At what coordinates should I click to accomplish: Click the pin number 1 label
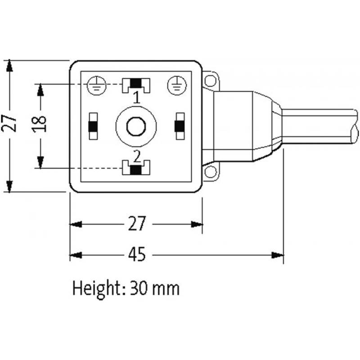[136, 96]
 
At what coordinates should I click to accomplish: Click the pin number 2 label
[136, 157]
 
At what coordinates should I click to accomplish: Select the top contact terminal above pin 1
[136, 84]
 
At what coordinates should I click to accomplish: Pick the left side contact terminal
[93, 126]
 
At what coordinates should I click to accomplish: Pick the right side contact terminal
[180, 126]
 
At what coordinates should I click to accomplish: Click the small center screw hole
[135, 126]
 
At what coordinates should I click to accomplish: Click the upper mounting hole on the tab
[209, 81]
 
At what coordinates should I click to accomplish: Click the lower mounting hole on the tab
[209, 171]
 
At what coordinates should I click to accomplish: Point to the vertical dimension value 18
[40, 124]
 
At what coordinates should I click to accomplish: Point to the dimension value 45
[136, 255]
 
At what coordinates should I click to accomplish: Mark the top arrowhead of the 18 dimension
[40, 89]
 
